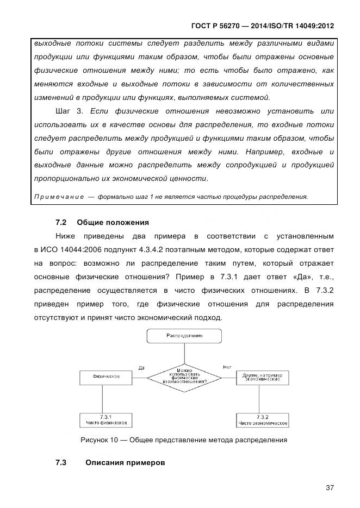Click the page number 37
coord(330,488)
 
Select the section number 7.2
coord(61,223)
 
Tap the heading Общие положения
coord(113,223)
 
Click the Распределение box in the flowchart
coord(184,336)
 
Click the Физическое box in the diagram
coord(106,376)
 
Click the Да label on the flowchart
coord(141,367)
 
